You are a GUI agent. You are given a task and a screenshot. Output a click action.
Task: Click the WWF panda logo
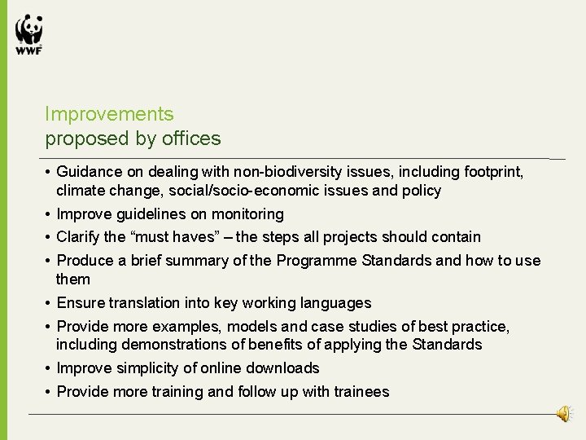click(x=28, y=34)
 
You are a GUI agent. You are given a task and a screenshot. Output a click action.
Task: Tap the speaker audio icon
click(x=564, y=415)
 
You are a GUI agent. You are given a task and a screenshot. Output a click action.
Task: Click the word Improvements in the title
click(x=109, y=114)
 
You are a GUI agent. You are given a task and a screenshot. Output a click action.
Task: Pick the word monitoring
click(x=247, y=214)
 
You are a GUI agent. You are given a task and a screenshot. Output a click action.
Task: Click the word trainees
click(x=356, y=392)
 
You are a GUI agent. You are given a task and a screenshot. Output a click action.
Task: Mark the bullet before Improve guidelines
click(x=49, y=214)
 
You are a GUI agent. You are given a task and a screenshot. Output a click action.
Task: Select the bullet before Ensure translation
click(x=49, y=303)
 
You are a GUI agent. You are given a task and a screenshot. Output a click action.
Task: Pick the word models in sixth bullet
click(x=249, y=327)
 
